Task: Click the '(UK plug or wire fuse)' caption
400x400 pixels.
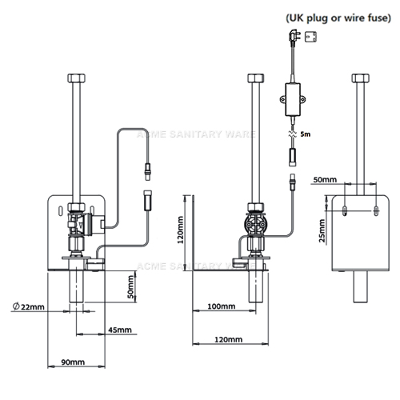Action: click(338, 18)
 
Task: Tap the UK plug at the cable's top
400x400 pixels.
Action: click(294, 36)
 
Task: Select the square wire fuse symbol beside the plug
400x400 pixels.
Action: click(310, 37)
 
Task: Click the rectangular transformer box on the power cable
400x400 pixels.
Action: click(293, 99)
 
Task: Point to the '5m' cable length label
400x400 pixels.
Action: click(306, 134)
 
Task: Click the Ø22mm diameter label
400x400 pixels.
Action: click(29, 306)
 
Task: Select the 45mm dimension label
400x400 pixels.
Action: click(120, 330)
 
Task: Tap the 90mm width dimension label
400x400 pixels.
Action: click(73, 362)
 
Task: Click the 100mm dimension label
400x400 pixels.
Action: click(222, 306)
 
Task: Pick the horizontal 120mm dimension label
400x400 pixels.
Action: click(229, 339)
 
